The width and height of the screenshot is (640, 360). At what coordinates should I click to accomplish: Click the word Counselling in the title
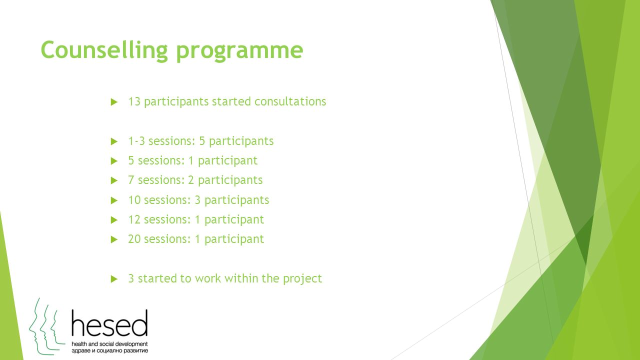(x=104, y=50)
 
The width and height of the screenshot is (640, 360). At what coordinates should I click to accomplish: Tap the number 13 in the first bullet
(x=134, y=101)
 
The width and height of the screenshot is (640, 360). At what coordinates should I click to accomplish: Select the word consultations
(x=290, y=101)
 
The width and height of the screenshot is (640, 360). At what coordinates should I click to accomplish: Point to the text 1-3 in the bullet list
(x=136, y=141)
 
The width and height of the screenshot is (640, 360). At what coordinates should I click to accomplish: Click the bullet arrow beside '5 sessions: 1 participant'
(x=114, y=161)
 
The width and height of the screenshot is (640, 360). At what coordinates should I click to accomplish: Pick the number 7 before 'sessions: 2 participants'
(x=131, y=180)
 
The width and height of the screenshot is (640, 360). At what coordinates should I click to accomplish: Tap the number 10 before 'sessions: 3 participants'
(x=134, y=200)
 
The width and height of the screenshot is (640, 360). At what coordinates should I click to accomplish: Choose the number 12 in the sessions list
(x=134, y=219)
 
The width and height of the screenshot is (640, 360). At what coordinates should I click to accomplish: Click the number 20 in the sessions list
(x=134, y=239)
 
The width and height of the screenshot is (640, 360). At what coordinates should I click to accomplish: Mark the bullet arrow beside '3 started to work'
(x=114, y=279)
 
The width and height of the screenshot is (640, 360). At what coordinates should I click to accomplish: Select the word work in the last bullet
(x=208, y=278)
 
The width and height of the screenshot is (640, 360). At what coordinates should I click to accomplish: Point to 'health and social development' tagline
(x=109, y=344)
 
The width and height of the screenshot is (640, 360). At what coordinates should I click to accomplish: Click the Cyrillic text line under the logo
(x=109, y=350)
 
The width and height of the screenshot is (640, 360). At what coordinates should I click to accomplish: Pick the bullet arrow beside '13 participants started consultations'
(x=114, y=102)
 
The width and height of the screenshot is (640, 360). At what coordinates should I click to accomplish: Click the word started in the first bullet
(x=231, y=101)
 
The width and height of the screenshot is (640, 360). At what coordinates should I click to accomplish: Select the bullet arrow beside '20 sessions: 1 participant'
(x=114, y=239)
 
